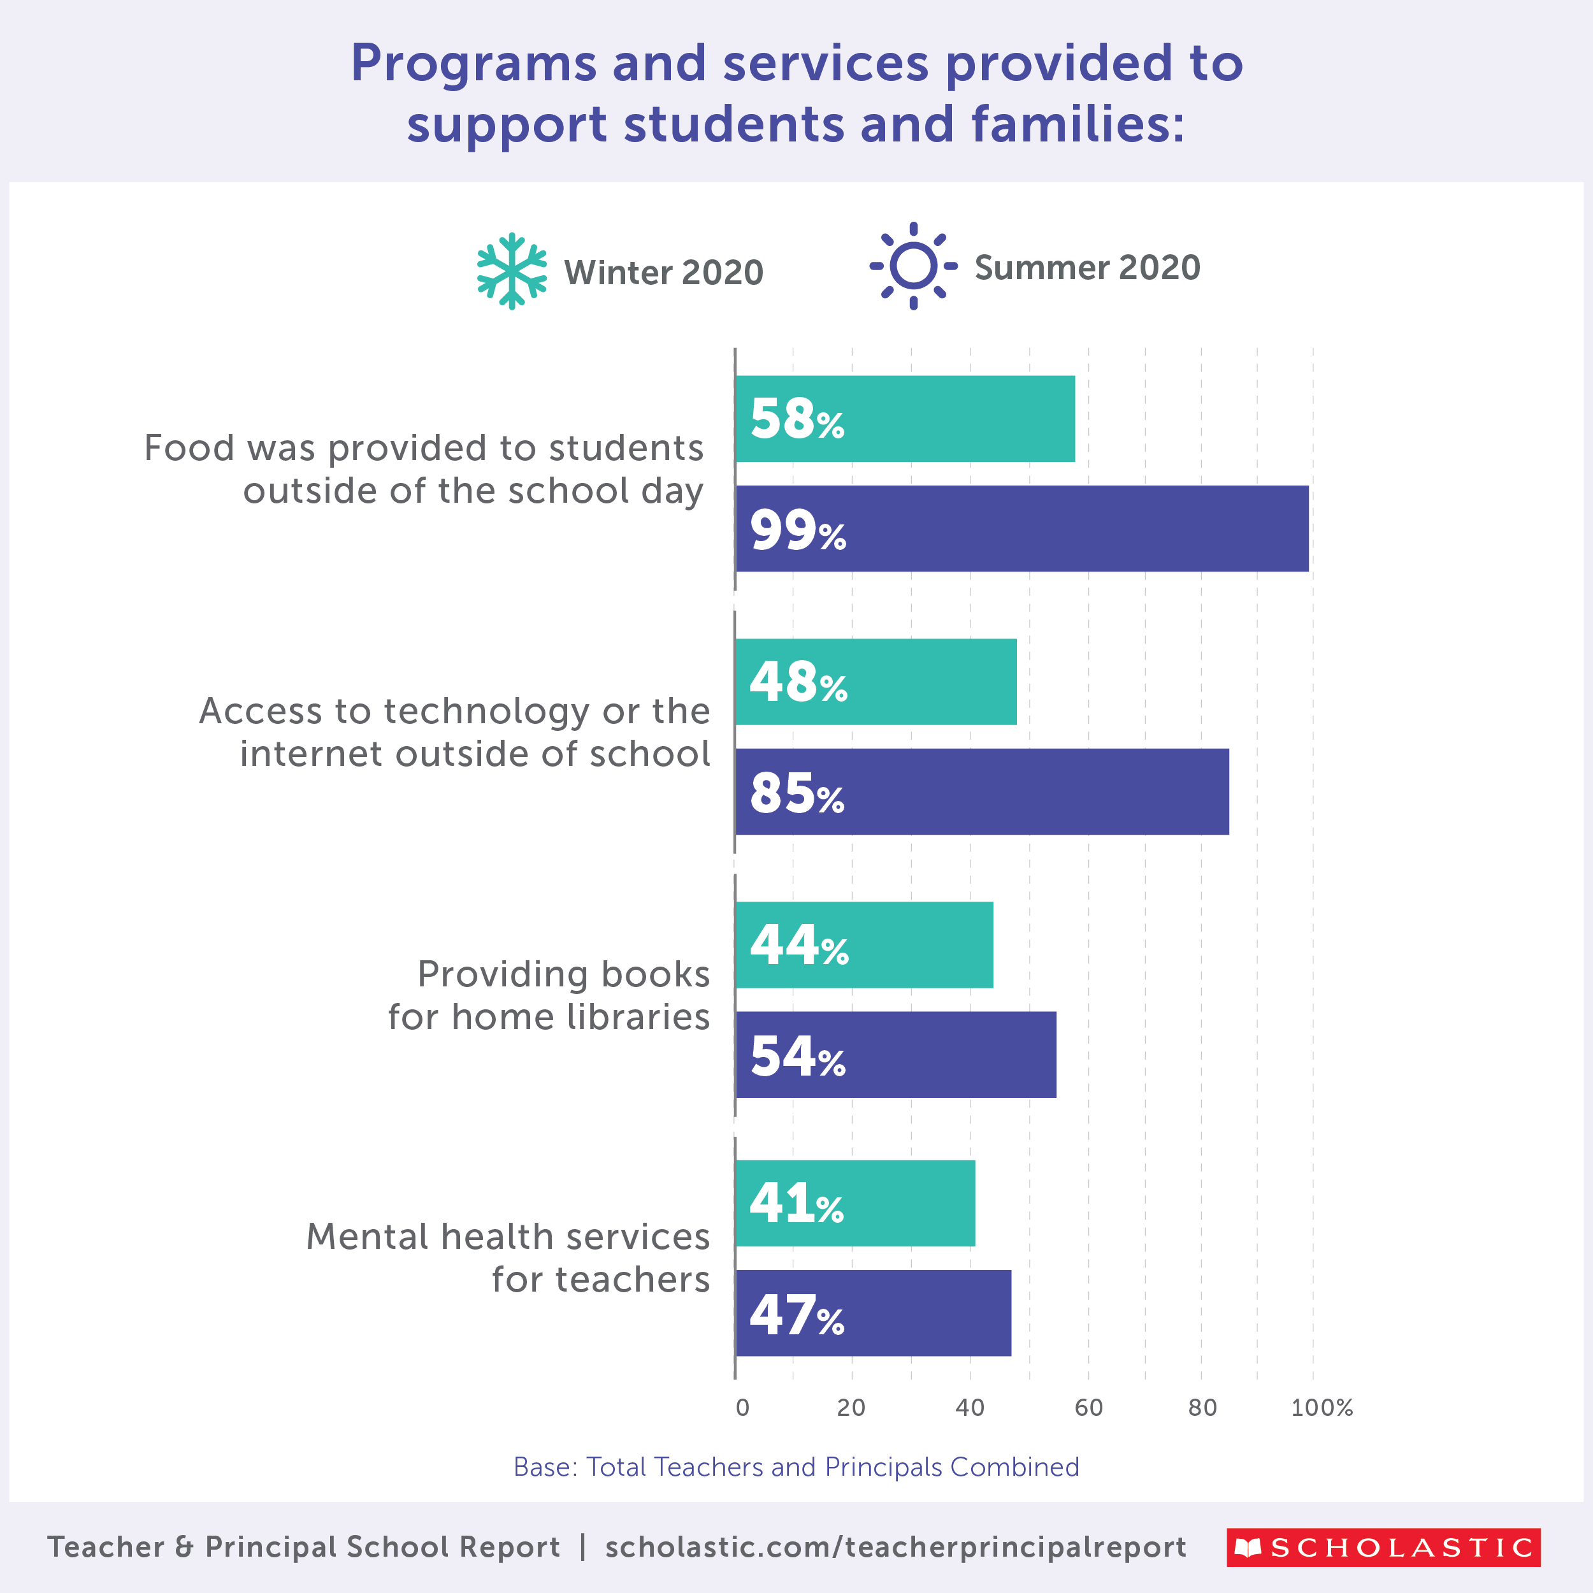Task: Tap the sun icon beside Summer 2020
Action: (912, 266)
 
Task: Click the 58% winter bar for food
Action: (905, 419)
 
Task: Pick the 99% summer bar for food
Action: (1021, 528)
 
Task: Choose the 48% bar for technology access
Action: (876, 682)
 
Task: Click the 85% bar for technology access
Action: (981, 791)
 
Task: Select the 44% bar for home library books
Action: (864, 945)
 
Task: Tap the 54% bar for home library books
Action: (895, 1055)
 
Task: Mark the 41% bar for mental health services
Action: (855, 1203)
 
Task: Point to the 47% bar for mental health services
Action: (873, 1313)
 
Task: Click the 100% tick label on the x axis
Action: (1322, 1408)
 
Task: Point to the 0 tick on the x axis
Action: (742, 1408)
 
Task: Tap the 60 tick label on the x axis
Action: (1088, 1408)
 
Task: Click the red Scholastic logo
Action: (1383, 1547)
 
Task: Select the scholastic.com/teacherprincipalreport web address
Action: (895, 1547)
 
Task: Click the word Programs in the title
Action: (473, 64)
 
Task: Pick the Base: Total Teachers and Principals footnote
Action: (796, 1467)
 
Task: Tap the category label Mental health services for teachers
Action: (508, 1258)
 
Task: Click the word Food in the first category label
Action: (189, 449)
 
